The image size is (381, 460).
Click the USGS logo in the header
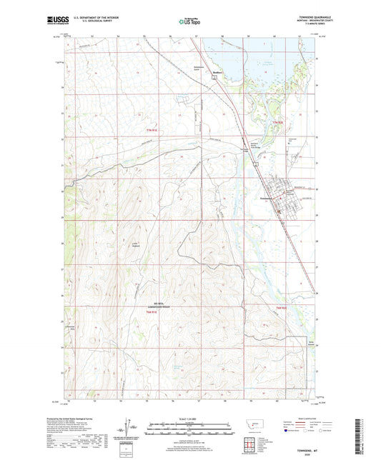point(54,21)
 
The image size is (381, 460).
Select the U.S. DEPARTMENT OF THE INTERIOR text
point(91,16)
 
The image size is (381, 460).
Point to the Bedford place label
point(222,72)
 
